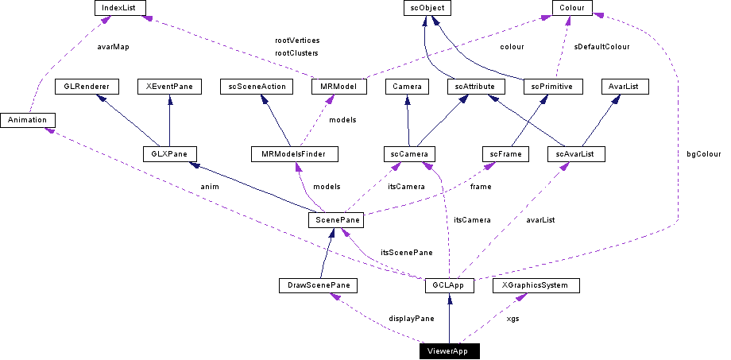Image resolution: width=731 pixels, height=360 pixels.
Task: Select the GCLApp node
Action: coord(449,285)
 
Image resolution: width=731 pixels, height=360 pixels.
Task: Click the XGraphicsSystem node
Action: coord(535,285)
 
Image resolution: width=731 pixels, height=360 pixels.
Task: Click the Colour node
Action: coord(571,8)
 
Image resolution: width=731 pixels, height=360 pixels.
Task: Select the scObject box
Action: coord(425,8)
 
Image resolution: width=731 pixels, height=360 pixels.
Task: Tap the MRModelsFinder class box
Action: coord(293,153)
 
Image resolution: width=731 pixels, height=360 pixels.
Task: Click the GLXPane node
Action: coord(168,153)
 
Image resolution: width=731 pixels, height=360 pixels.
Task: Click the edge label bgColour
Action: coord(703,153)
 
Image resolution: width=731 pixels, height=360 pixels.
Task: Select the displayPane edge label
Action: coord(411,318)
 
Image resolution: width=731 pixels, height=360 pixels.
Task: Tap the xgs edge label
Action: coord(513,318)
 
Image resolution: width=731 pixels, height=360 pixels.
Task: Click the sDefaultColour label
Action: coord(601,47)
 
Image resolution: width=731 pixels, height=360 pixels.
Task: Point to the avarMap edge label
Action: coord(112,47)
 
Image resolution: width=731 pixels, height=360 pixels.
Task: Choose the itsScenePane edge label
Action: coord(406,252)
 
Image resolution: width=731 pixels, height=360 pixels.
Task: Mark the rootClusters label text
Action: coord(296,53)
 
